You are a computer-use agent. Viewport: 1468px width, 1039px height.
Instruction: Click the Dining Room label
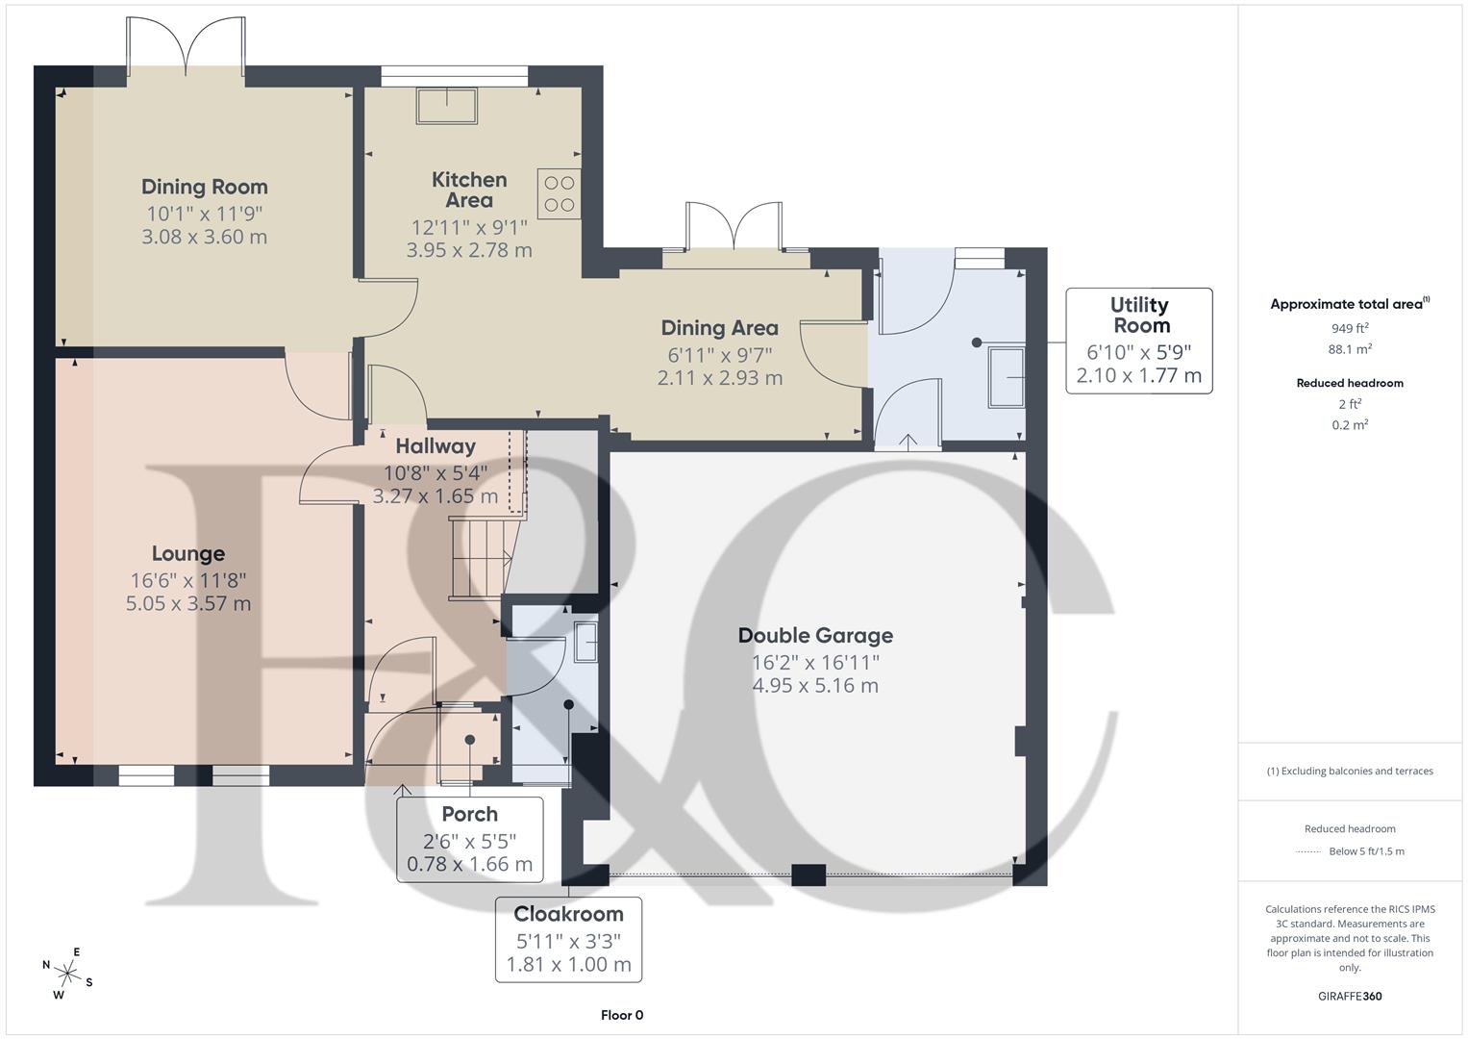tap(204, 187)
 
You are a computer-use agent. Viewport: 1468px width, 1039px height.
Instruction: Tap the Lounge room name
tap(188, 553)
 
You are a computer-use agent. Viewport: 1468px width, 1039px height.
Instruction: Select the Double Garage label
tap(815, 635)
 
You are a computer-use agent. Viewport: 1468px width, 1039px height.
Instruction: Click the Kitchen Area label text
tap(469, 190)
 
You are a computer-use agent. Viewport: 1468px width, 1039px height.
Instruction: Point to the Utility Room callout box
tap(1139, 341)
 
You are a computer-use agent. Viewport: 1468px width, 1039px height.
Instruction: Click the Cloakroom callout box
tap(568, 939)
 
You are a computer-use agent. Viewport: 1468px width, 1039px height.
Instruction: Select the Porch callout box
tap(469, 839)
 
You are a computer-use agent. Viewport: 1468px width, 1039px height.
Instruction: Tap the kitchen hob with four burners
tap(560, 193)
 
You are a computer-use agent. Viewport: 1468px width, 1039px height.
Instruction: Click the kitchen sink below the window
tap(446, 106)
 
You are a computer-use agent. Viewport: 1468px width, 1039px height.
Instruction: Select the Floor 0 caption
tap(621, 1015)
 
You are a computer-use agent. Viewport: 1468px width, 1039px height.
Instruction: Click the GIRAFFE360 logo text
tap(1350, 996)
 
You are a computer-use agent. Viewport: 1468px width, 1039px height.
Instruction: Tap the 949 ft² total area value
tap(1350, 328)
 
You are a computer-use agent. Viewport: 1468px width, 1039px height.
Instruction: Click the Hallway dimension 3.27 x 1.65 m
tap(435, 496)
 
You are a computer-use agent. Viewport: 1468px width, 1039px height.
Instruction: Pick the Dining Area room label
tap(719, 328)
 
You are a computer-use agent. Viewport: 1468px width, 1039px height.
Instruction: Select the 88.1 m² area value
tap(1350, 350)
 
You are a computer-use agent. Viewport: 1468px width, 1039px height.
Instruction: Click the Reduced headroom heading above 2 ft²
tap(1350, 383)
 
